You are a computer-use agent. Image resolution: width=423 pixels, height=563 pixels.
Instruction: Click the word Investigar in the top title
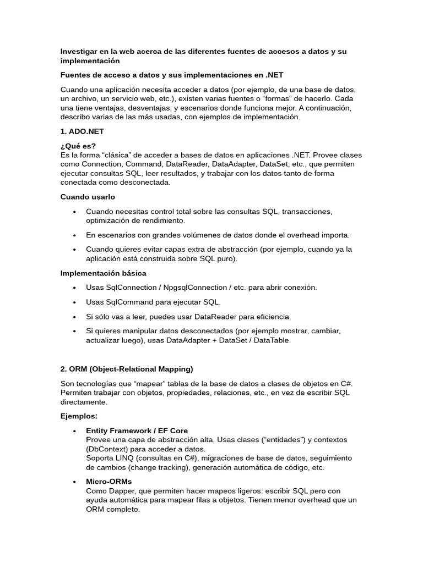point(79,51)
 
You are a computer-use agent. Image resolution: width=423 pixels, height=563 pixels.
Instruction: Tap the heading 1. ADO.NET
point(82,132)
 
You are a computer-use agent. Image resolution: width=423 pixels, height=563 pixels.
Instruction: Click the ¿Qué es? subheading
point(78,146)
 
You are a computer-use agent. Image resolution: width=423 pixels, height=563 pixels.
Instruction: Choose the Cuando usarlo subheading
point(88,196)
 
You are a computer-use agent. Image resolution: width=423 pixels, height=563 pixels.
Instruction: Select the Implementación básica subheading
point(103,273)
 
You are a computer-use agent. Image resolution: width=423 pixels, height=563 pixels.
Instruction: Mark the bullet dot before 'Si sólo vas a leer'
point(74,317)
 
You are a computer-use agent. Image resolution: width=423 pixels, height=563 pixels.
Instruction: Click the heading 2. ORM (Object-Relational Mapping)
point(127,368)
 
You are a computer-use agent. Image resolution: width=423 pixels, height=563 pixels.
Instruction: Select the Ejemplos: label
point(79,416)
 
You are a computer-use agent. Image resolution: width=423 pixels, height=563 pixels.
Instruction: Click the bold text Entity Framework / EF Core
point(137,430)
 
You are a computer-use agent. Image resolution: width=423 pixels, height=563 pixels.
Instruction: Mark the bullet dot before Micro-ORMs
point(74,482)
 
